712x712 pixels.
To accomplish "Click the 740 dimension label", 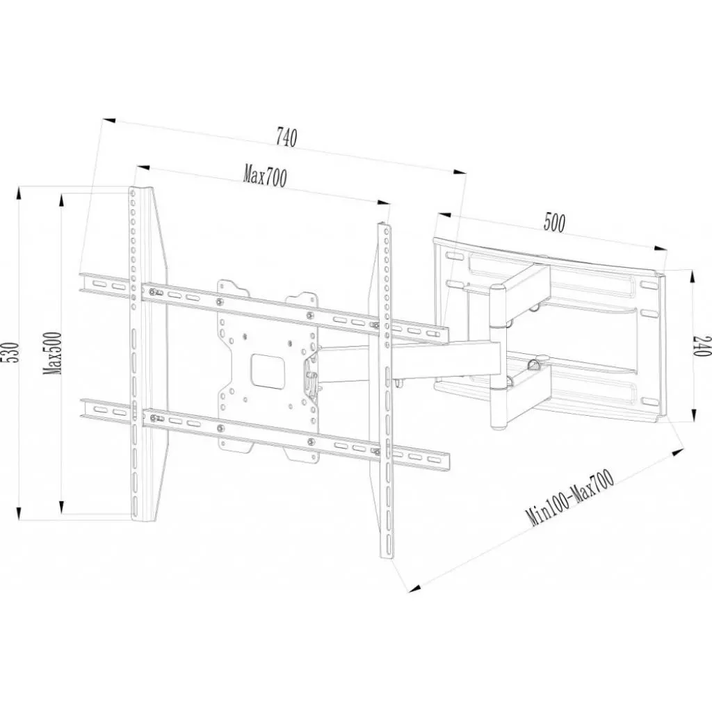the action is pyautogui.click(x=286, y=138).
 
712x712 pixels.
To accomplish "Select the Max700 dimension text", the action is pyautogui.click(x=265, y=177).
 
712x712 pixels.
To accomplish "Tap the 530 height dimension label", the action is pyautogui.click(x=13, y=352).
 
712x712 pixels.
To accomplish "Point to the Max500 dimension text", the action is pyautogui.click(x=53, y=353).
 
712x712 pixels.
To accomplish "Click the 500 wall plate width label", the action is pyautogui.click(x=554, y=222).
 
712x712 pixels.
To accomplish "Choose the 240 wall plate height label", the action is pyautogui.click(x=701, y=346).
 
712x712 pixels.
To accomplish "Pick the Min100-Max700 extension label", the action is pyautogui.click(x=570, y=497).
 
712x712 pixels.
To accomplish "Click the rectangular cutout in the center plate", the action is pyautogui.click(x=269, y=370).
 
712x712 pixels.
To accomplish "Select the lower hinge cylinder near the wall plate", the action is pyautogui.click(x=499, y=406).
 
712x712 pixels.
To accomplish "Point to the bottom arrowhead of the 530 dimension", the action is pyautogui.click(x=19, y=514).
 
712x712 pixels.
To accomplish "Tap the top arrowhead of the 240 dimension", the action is pyautogui.click(x=693, y=277).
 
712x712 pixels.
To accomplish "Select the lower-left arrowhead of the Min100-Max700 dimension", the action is pyautogui.click(x=414, y=588).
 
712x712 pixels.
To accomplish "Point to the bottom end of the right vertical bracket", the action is pyautogui.click(x=387, y=556).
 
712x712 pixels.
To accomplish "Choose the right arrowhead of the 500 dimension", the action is pyautogui.click(x=661, y=248).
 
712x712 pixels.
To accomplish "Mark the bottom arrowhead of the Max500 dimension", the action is pyautogui.click(x=62, y=506).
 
